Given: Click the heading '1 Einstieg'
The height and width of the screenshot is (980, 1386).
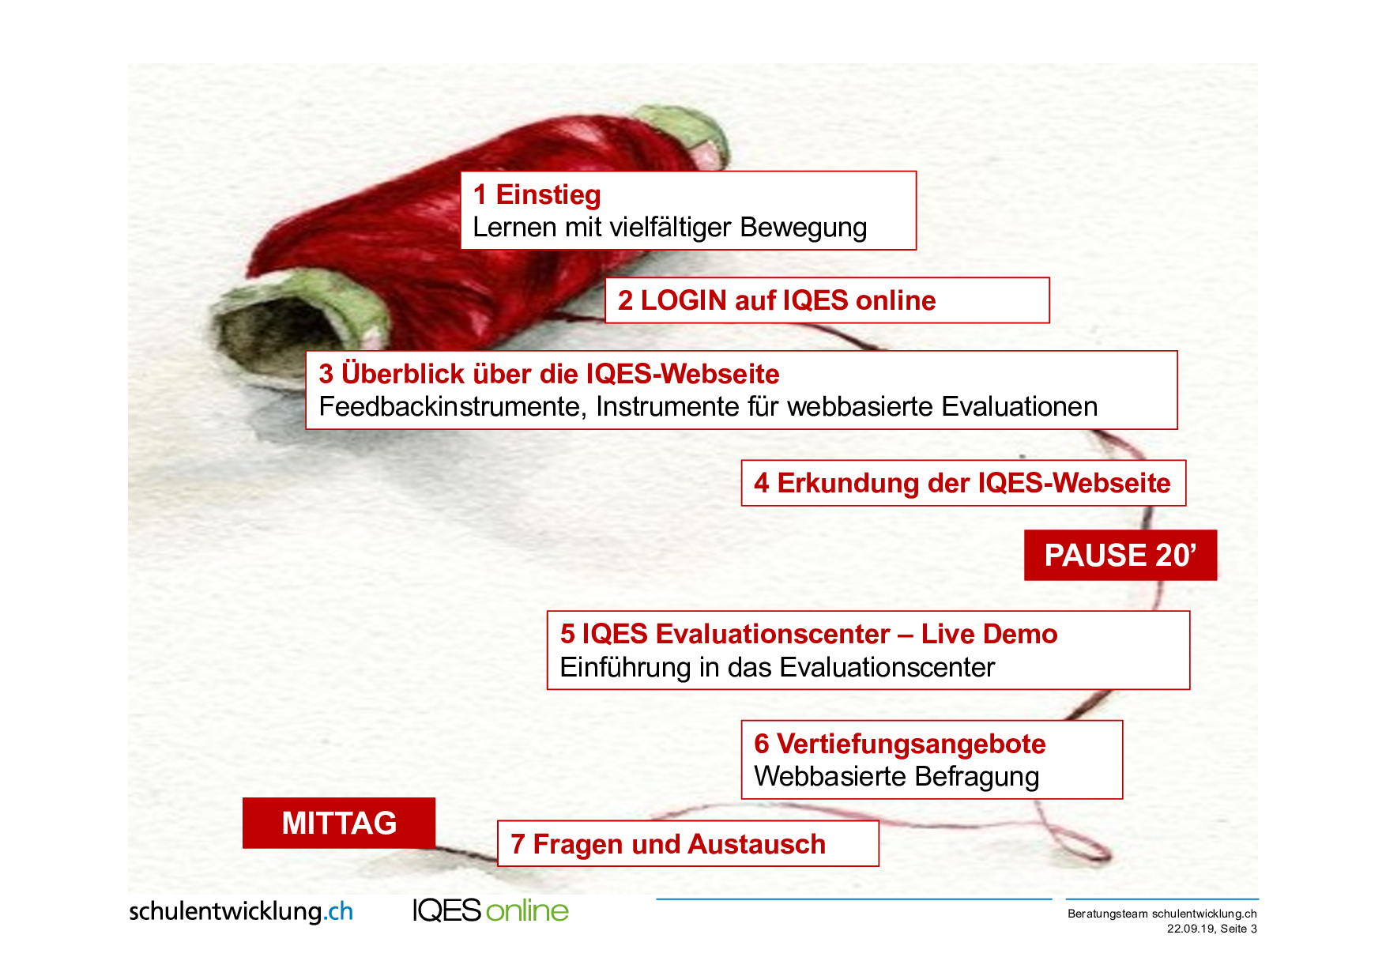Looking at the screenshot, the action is [x=537, y=194].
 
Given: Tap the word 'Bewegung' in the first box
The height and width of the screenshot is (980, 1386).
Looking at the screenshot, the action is [x=804, y=228].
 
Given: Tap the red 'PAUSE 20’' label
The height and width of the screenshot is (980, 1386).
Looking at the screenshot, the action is [x=1120, y=555].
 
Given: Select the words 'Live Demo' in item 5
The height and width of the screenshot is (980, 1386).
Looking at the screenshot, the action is [x=989, y=634].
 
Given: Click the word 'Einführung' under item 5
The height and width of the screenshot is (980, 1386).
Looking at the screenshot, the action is [x=626, y=668].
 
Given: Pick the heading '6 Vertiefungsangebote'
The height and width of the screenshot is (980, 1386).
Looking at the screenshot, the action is [x=900, y=744].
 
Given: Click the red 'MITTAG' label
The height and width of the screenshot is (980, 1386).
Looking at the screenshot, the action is [x=339, y=823].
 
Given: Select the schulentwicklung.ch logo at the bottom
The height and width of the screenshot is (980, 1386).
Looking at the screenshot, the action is [x=241, y=911].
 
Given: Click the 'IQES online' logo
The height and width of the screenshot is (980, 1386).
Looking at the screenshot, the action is [x=491, y=910].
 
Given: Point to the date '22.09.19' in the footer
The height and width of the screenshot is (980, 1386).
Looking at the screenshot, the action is [x=1191, y=929].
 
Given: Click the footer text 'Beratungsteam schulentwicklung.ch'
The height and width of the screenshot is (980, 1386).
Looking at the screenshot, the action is [x=1162, y=914].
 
